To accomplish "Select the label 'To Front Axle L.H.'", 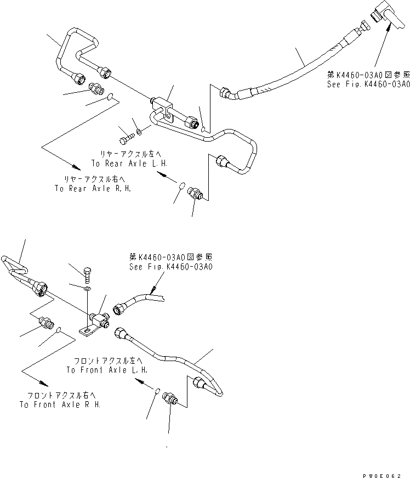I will (x=107, y=370).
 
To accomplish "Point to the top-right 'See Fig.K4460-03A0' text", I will (x=368, y=84).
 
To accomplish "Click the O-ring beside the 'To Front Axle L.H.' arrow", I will (x=158, y=391).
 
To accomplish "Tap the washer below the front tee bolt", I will (x=87, y=288).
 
